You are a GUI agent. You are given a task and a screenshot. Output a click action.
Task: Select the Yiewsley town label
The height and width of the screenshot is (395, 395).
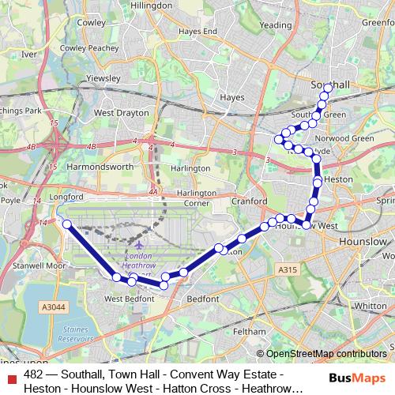(102, 79)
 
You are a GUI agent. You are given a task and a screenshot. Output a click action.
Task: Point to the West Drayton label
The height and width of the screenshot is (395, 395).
(121, 113)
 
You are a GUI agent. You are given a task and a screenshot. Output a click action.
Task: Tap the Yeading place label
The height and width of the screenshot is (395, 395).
(275, 25)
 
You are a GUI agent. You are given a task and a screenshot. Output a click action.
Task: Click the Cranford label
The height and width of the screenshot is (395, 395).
(252, 201)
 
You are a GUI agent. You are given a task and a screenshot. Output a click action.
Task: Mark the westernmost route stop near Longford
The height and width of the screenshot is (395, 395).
(66, 224)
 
